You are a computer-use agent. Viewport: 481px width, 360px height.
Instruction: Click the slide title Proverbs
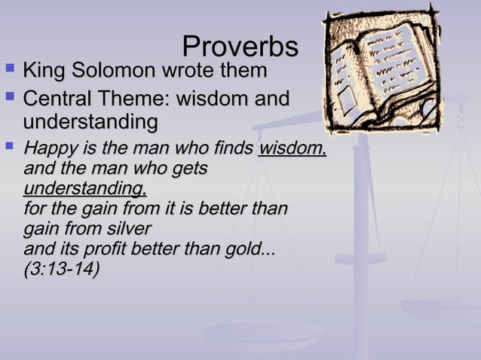coord(240,47)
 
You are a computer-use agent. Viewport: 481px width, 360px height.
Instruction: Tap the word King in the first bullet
coord(44,72)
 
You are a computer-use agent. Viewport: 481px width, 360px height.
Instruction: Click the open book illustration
coord(381,71)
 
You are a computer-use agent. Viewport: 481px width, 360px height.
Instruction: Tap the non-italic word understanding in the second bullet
coord(90,122)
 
